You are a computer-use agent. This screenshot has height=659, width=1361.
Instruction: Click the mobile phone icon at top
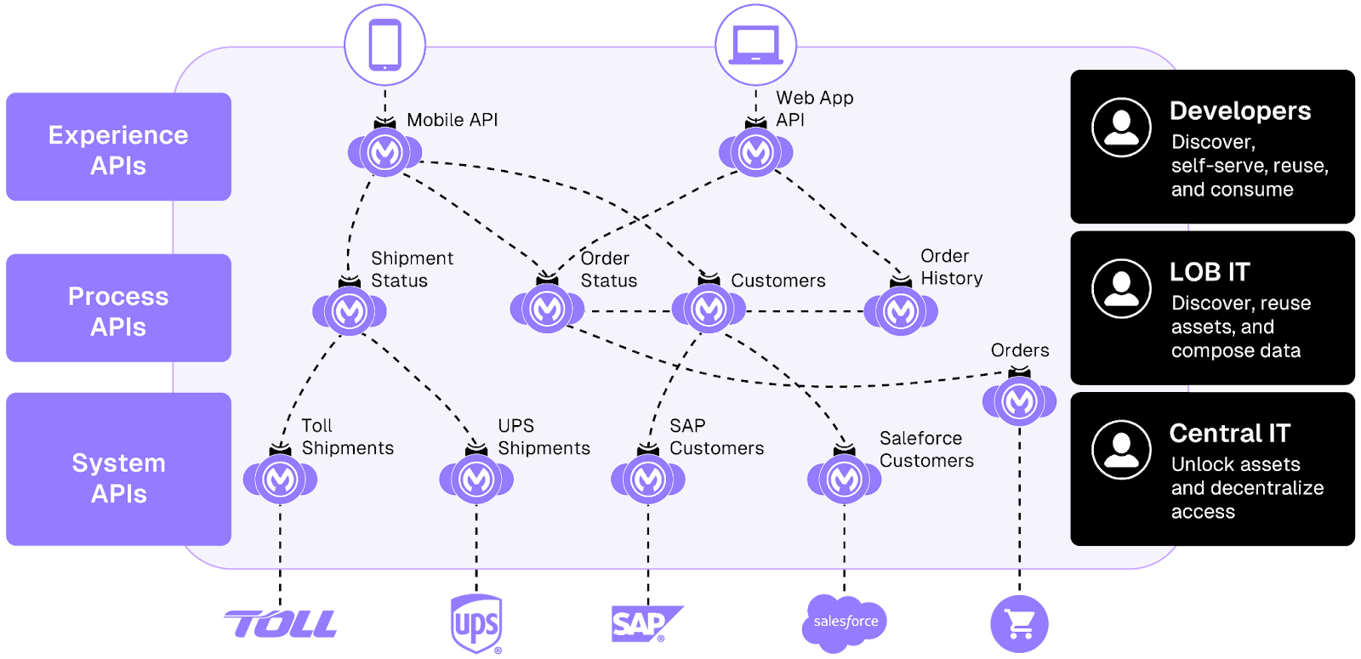point(384,44)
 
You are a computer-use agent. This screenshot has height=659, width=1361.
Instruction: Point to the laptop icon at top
point(755,44)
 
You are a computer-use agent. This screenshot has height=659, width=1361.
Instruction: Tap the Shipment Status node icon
point(349,311)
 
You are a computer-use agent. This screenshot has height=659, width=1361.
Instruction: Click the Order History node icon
point(901,311)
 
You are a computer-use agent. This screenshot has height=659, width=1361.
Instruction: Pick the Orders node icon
point(1019,401)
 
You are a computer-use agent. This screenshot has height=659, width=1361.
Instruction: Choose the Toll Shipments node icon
point(280,480)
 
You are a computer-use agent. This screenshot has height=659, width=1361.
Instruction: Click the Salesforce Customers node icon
point(844,480)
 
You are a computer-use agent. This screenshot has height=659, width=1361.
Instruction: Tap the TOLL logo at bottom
point(281,624)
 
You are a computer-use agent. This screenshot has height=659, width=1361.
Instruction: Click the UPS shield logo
point(476,623)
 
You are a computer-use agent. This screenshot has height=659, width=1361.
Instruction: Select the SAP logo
point(646,624)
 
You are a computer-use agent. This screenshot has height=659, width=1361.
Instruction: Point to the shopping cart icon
point(1019,624)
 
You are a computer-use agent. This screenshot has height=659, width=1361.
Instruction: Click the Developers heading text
point(1239,111)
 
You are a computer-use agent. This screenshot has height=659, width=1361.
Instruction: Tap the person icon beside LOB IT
point(1121,288)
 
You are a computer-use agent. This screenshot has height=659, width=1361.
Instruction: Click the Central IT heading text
point(1229,434)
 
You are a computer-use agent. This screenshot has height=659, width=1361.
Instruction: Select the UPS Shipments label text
point(544,437)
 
